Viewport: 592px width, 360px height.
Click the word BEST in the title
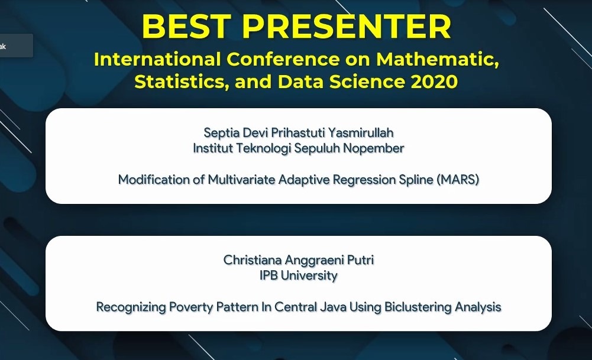(186, 26)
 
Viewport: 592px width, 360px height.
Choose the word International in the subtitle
(157, 59)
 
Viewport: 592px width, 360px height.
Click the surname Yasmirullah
(361, 133)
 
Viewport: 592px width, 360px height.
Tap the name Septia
(221, 133)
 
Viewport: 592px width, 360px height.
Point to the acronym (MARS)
(458, 180)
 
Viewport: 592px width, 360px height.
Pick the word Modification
(154, 180)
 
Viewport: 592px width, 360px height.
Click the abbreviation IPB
(268, 275)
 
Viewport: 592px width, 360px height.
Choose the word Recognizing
(131, 307)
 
